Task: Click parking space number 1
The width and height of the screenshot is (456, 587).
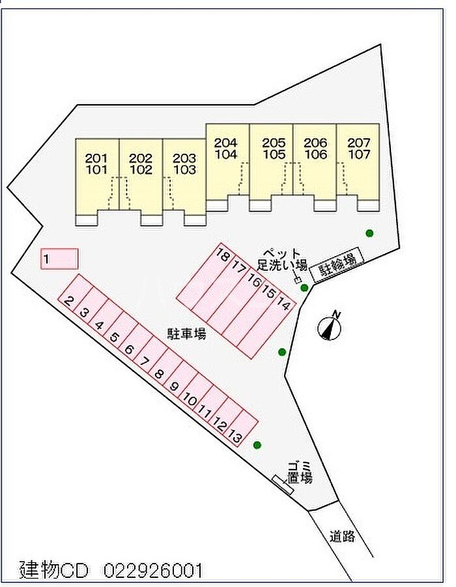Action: tap(59, 259)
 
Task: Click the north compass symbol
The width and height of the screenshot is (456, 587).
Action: tap(330, 327)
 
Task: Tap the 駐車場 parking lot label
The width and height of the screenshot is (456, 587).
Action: tap(186, 334)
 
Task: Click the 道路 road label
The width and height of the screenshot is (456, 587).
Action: tap(342, 537)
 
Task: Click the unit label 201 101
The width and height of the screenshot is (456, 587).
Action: tap(96, 164)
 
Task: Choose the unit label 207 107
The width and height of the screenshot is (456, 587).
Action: tap(358, 149)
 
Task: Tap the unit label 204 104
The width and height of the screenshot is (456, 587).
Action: tap(226, 149)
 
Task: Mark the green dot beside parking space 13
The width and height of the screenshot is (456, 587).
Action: tap(257, 445)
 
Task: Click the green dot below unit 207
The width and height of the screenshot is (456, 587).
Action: tap(369, 233)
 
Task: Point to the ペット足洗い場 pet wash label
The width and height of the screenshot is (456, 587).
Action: tap(282, 259)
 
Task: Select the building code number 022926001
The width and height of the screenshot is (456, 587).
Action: tap(152, 571)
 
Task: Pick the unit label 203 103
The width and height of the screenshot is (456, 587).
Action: tap(184, 164)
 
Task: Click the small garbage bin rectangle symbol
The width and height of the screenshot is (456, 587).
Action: tap(283, 485)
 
